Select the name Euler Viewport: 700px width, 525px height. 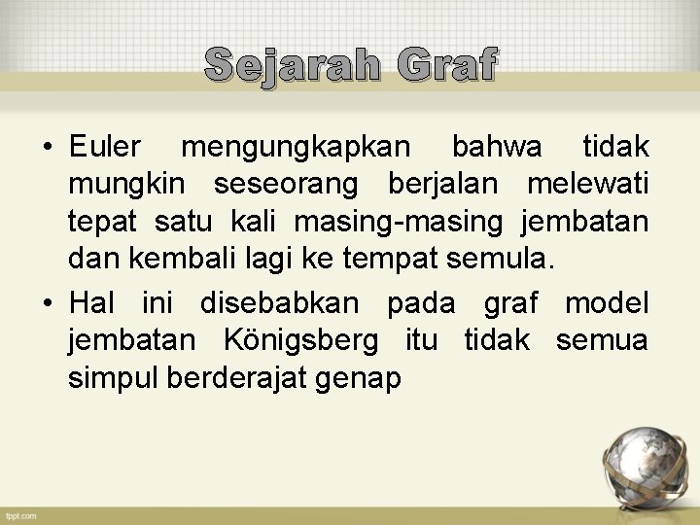[x=105, y=148]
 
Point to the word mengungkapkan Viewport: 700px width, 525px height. [x=297, y=148]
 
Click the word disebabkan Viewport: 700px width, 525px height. [x=279, y=303]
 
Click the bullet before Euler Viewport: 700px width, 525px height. [x=47, y=149]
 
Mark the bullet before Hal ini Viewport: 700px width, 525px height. [x=47, y=304]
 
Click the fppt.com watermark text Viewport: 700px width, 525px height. [x=19, y=514]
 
